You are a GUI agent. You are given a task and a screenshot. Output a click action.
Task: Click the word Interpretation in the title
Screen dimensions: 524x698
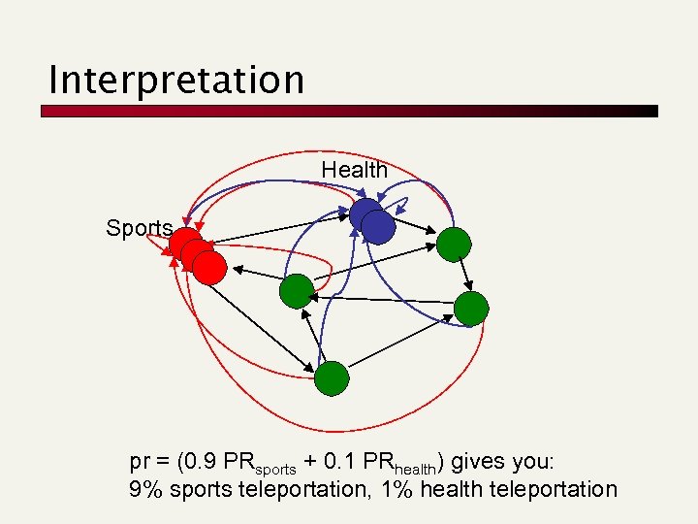point(175,79)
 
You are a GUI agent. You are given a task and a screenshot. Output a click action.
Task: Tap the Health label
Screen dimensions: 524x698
point(354,170)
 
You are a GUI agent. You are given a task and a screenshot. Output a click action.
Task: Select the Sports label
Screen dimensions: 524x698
point(140,228)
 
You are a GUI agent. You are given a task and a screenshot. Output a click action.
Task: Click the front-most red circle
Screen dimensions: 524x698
point(209,267)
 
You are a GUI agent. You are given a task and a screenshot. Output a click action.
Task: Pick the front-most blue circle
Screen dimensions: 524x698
point(378,227)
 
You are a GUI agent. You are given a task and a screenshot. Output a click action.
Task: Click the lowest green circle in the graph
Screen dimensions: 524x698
point(332,377)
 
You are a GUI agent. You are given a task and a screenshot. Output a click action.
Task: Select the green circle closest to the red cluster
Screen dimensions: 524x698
point(296,291)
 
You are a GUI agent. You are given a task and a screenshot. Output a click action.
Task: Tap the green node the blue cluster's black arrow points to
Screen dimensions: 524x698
point(453,244)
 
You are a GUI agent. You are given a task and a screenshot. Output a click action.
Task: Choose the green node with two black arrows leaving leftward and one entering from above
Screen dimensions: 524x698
point(471,309)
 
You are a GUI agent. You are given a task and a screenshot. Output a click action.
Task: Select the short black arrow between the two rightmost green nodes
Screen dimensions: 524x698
point(462,276)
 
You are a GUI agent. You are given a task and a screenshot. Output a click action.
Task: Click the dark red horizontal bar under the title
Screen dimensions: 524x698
point(349,112)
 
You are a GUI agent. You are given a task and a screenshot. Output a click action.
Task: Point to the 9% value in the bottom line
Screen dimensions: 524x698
point(146,489)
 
